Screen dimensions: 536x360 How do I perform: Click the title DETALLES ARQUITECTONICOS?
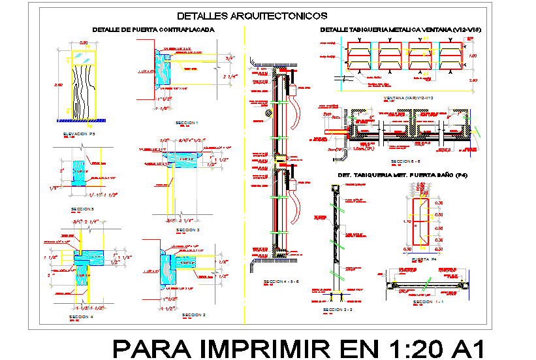[252, 16]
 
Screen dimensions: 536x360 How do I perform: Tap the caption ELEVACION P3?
[79, 134]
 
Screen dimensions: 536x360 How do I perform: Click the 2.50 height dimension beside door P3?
[59, 86]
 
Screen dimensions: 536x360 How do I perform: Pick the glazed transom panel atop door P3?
[83, 57]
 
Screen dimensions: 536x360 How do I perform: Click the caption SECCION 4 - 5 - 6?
[281, 282]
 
